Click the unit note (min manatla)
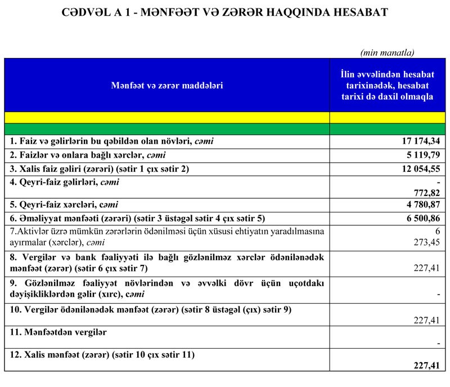point(387,53)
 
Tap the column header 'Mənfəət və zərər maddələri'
point(166,86)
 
